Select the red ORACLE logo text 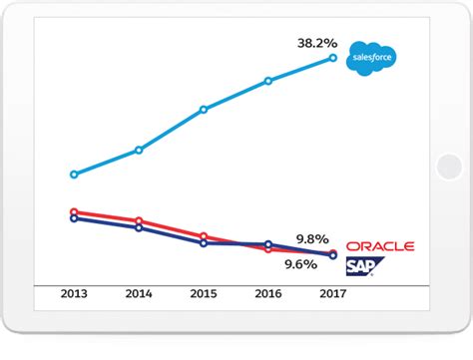click(379, 246)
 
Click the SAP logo click(364, 265)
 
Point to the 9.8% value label click(312, 239)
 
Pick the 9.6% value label click(300, 264)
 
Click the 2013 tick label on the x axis click(74, 294)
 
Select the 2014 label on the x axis click(139, 294)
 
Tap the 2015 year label click(204, 294)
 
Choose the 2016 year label click(268, 294)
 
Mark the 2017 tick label click(333, 294)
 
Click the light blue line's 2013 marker click(74, 175)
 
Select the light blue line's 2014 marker click(139, 150)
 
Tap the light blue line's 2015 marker click(204, 109)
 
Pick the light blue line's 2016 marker click(268, 81)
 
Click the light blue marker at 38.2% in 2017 click(333, 59)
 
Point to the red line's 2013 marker click(74, 211)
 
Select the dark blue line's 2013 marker click(74, 218)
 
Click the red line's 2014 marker click(139, 220)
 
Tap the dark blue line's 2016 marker click(268, 243)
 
